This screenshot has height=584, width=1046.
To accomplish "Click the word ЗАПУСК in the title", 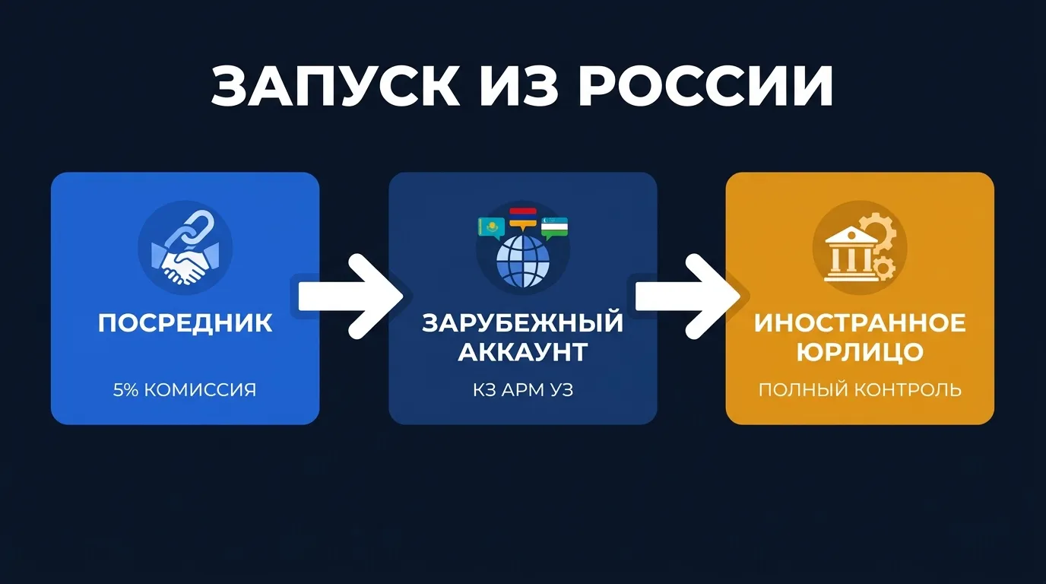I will (x=335, y=86).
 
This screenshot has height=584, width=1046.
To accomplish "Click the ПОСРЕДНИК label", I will (x=185, y=322).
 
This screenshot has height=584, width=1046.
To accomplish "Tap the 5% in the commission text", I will (x=125, y=390).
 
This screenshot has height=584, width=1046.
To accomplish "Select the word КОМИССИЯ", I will (x=200, y=390).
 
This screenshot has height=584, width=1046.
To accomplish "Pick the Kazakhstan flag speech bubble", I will (x=490, y=227).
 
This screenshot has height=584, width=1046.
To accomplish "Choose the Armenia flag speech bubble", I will (x=523, y=216).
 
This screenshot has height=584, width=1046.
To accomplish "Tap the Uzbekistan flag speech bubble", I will (x=555, y=227).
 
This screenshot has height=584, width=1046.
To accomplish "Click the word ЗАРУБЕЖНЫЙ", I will (x=522, y=322).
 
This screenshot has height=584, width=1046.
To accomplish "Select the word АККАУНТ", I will (x=522, y=351).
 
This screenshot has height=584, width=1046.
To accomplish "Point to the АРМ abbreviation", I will (x=522, y=390).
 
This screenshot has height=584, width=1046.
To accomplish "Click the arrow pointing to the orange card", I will (x=688, y=296).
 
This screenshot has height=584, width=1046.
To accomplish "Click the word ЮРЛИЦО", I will (x=860, y=351).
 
